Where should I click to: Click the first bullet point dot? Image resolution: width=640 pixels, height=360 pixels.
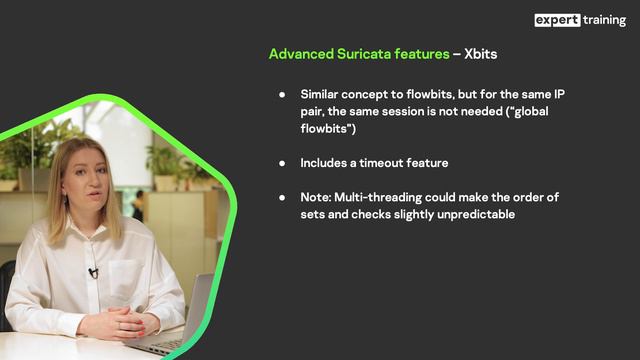point(282,93)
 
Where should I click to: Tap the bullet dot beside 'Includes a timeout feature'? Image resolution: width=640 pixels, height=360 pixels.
point(282,162)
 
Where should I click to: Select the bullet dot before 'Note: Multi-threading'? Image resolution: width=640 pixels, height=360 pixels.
point(282,196)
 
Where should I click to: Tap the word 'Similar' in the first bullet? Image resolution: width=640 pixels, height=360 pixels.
point(323,93)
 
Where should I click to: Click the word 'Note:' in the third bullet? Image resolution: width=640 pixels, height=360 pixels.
point(318,196)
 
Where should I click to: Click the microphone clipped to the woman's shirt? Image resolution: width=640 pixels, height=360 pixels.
point(93,272)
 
